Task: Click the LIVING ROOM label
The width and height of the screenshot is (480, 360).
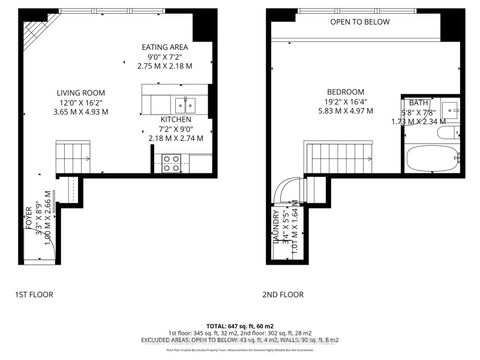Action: (x=80, y=93)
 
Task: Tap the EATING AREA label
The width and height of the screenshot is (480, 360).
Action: (x=166, y=47)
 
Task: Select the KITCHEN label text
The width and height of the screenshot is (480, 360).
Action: (x=176, y=119)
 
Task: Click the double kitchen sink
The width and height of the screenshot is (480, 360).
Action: (x=184, y=104)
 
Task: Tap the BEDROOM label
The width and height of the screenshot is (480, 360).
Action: (x=344, y=91)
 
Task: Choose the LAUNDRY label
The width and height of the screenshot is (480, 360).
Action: (x=276, y=228)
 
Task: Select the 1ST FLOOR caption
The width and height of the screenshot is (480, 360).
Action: (x=34, y=295)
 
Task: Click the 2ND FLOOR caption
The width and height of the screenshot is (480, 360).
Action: (x=283, y=295)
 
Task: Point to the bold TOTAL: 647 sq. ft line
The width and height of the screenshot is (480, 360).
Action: (x=243, y=326)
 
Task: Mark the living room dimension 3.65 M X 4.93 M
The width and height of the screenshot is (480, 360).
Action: (x=80, y=113)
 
